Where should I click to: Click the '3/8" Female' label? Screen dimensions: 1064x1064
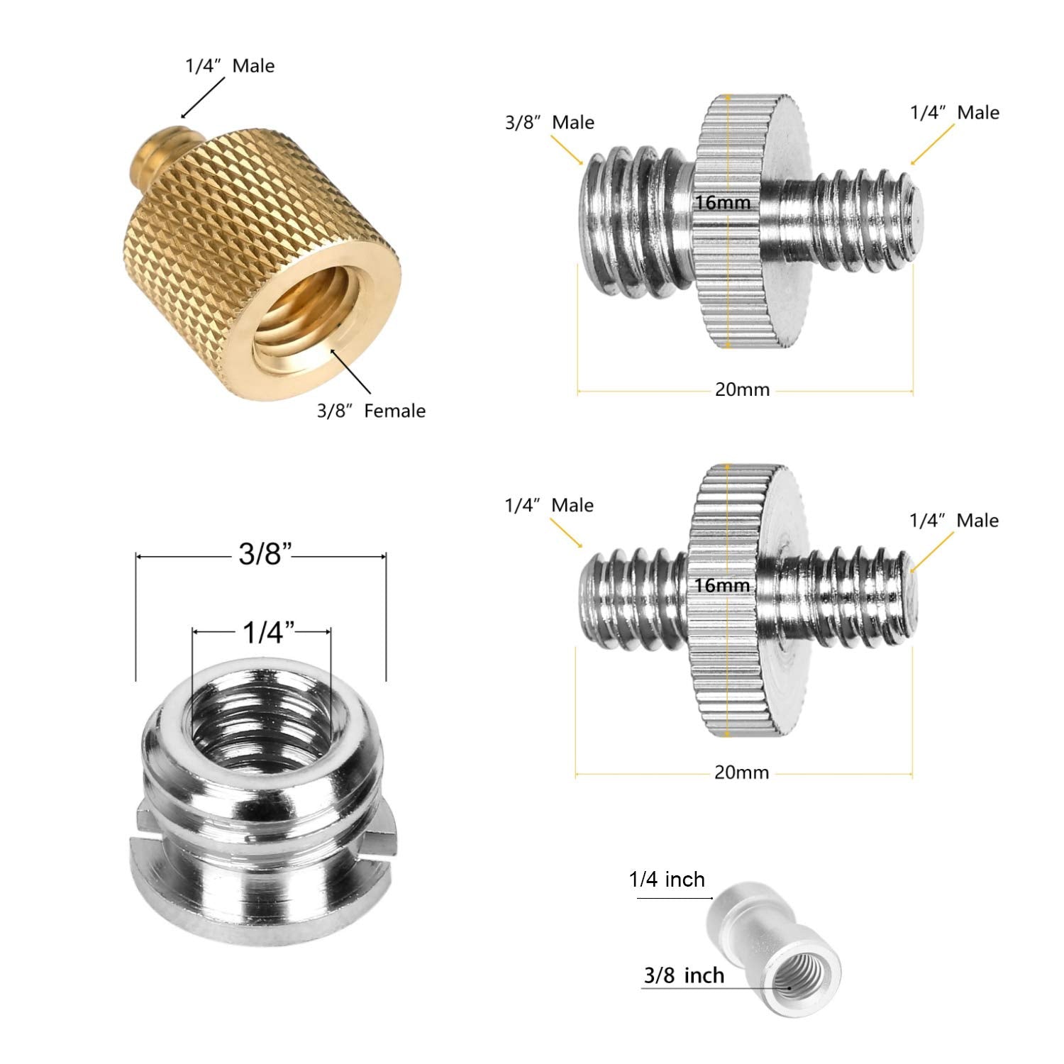371,411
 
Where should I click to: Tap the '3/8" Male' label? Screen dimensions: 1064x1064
549,122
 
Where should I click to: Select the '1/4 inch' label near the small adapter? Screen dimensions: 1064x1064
667,880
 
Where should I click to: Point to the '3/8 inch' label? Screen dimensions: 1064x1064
684,975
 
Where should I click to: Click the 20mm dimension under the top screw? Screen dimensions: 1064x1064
742,389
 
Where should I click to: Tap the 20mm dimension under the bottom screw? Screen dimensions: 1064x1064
741,772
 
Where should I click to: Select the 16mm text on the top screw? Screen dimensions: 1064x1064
722,203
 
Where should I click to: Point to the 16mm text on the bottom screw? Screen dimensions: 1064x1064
722,585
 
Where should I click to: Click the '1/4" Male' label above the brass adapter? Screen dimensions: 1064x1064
230,66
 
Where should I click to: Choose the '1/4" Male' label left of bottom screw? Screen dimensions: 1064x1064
549,505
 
